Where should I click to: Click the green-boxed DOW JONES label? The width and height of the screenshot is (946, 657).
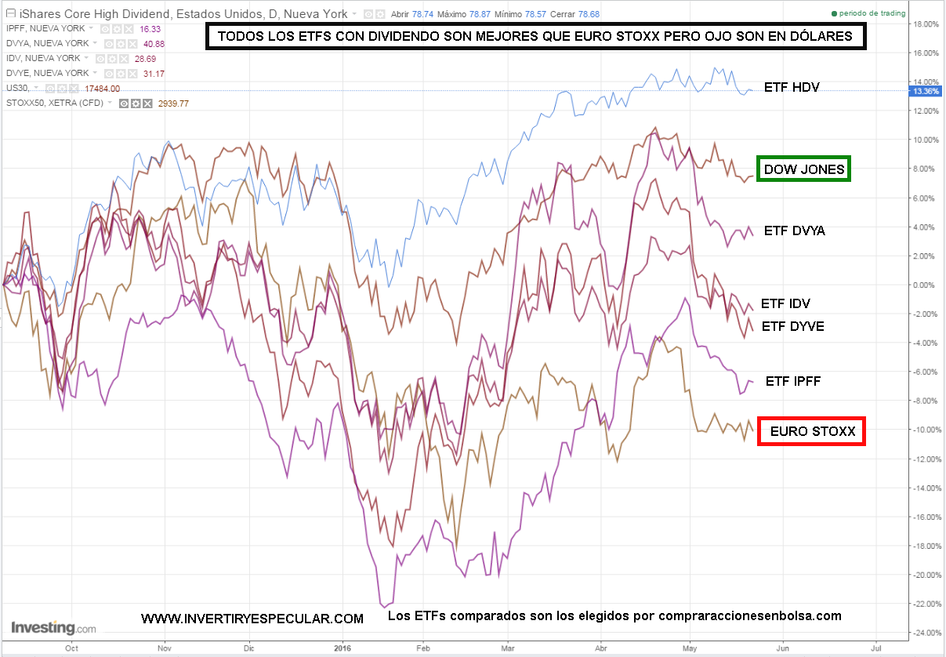click(x=803, y=169)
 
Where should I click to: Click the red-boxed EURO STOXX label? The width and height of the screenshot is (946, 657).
click(x=810, y=431)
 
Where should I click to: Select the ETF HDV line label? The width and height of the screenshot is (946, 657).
click(x=791, y=87)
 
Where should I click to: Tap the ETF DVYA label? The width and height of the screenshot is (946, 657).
click(x=794, y=230)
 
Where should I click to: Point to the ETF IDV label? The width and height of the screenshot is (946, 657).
click(x=786, y=303)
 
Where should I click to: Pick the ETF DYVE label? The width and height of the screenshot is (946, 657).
click(x=792, y=326)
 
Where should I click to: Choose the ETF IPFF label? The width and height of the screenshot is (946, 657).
click(x=792, y=381)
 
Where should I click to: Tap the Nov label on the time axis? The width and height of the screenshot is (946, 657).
click(x=164, y=648)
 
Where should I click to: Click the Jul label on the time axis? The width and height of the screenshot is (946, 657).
click(x=875, y=648)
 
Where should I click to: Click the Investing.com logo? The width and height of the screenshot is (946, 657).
click(x=53, y=628)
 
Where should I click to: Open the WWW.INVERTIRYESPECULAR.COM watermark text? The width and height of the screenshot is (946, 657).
click(x=252, y=619)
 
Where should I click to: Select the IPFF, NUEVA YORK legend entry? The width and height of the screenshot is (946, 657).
click(x=46, y=29)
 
